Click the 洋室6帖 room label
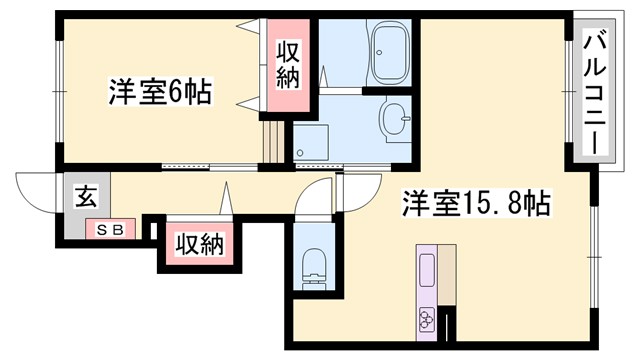(x=160, y=93)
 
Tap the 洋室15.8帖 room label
(x=476, y=204)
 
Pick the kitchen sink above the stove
(x=427, y=270)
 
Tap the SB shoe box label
(x=109, y=230)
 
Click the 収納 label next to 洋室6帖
(x=288, y=64)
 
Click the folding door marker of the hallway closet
(x=229, y=197)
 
